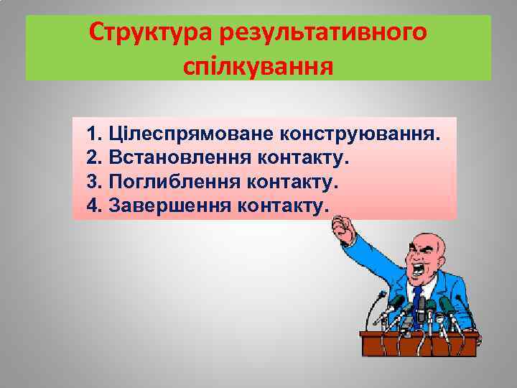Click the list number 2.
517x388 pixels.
click(92, 157)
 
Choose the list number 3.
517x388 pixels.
click(92, 182)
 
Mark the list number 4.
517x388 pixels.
click(92, 205)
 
